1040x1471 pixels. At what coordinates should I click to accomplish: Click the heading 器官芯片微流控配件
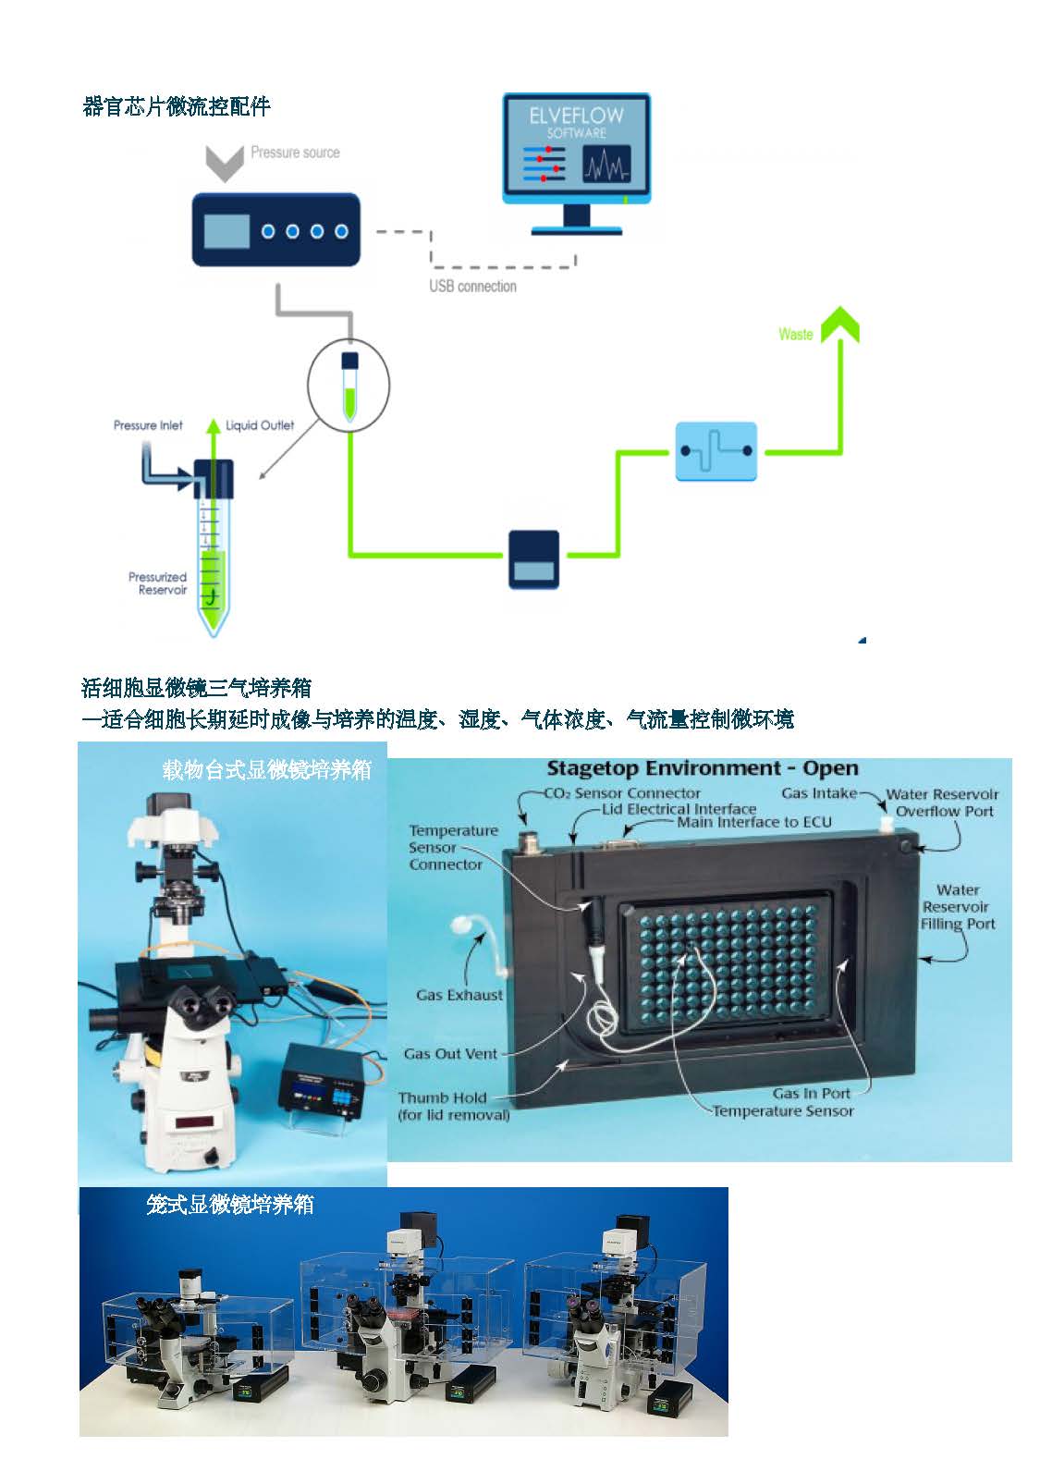pos(177,107)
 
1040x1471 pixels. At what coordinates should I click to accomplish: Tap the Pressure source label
pos(295,153)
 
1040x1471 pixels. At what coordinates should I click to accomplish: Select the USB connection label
pos(472,287)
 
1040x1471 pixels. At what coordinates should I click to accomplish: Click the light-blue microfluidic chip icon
pos(716,451)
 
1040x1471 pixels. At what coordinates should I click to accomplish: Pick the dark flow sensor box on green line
pos(533,560)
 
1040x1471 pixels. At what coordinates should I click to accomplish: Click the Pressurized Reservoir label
pos(158,583)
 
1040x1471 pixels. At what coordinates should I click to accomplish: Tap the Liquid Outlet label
pos(260,425)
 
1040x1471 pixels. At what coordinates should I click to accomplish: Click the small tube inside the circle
pos(349,386)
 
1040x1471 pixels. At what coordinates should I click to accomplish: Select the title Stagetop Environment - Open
pos(702,768)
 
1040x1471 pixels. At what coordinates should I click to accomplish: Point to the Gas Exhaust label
pos(459,995)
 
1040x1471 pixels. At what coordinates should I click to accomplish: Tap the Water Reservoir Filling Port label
pos(958,907)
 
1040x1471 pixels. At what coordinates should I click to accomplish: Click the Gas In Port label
pos(811,1093)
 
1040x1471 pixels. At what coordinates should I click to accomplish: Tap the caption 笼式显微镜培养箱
pos(230,1205)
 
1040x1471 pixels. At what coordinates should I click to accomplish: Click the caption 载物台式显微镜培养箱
pos(266,770)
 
